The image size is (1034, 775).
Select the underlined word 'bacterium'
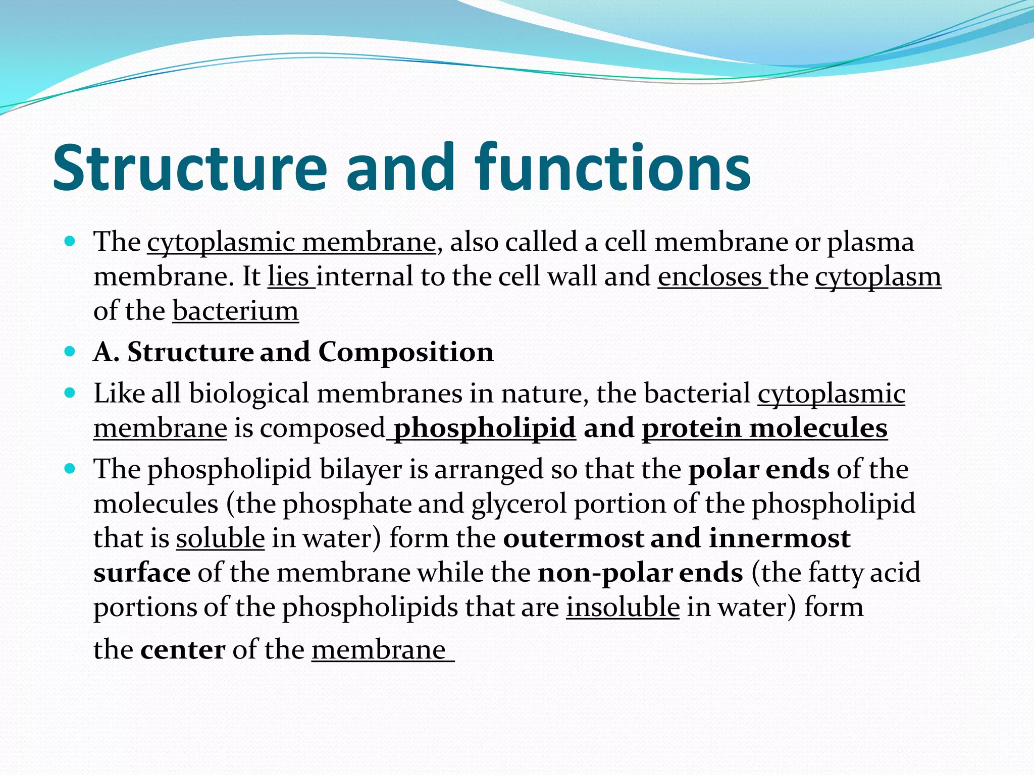point(236,311)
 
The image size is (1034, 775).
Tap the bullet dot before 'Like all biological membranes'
point(70,392)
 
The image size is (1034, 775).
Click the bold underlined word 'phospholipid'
point(484,428)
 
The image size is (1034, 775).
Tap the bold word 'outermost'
point(573,538)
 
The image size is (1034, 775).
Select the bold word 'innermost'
point(780,538)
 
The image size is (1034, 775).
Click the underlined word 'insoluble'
point(623,607)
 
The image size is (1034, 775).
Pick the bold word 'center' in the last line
point(183,650)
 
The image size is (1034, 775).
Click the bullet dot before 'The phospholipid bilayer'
point(70,468)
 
